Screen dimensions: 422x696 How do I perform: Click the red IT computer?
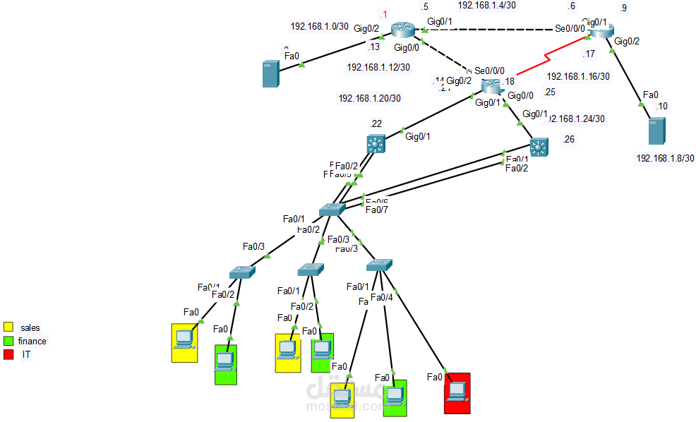point(457,392)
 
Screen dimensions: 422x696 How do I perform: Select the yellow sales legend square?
point(8,327)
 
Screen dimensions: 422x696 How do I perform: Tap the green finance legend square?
point(8,341)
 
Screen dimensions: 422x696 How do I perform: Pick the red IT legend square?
point(8,354)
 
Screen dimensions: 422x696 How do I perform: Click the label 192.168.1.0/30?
point(319,26)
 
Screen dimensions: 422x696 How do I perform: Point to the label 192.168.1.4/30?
point(486,5)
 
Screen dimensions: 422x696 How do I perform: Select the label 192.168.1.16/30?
point(577,76)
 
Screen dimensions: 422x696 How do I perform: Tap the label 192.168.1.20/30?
point(370,99)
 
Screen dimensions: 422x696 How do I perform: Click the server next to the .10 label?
point(656,132)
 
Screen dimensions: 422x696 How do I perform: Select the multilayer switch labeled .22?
point(376,143)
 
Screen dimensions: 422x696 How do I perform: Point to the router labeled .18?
point(491,86)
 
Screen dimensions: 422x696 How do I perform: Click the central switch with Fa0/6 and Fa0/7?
point(330,209)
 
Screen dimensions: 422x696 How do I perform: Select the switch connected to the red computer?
point(379,265)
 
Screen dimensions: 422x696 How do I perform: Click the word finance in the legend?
point(32,341)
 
